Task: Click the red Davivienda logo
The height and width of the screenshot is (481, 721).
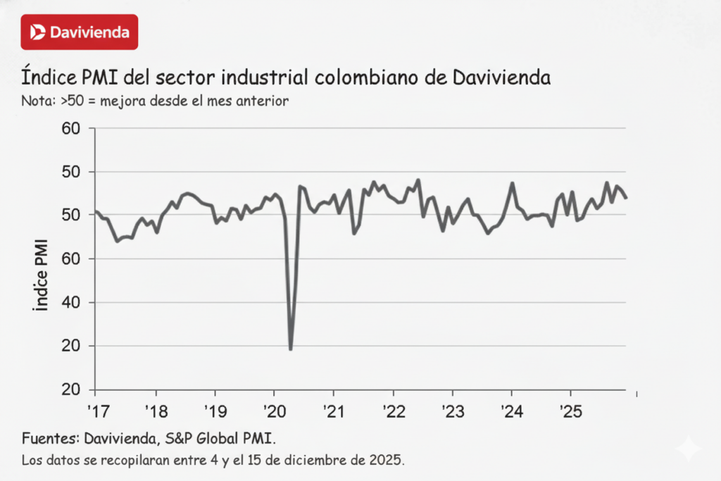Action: point(80,32)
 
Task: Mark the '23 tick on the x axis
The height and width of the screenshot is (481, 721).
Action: point(452,408)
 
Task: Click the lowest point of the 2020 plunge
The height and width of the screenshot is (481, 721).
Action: point(290,349)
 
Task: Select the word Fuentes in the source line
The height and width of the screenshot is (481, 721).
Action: point(48,439)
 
